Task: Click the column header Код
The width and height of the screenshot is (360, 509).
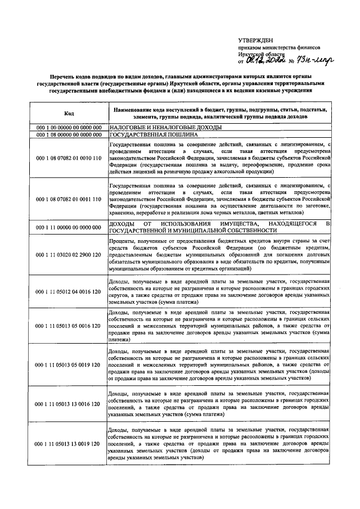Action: point(69,112)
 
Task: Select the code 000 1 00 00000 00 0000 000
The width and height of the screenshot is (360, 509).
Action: point(69,128)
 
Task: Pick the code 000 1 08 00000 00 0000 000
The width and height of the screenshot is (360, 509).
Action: point(69,136)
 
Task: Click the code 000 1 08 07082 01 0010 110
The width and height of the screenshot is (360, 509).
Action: point(69,159)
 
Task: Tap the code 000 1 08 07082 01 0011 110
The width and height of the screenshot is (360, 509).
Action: point(69,200)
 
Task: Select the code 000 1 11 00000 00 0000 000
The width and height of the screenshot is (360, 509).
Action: point(69,227)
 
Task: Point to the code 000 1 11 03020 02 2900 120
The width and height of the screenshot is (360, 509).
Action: point(69,255)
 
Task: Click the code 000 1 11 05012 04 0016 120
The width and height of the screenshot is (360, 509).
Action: point(69,292)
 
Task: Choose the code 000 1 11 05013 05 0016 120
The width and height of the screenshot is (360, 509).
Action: point(69,326)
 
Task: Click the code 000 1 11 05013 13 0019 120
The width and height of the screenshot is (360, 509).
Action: point(69,444)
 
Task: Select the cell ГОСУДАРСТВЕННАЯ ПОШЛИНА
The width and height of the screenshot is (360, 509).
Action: point(145,136)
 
